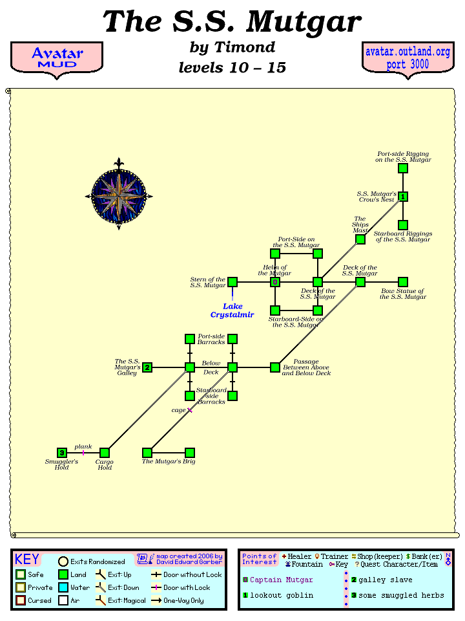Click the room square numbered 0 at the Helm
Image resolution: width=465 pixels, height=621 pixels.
275,282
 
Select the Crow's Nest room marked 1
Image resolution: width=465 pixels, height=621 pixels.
403,197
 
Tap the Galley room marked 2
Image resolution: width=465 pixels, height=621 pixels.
147,367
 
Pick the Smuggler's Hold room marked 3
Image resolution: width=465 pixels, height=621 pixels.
62,453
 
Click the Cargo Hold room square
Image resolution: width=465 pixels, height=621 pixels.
105,453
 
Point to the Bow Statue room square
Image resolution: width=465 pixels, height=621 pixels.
403,282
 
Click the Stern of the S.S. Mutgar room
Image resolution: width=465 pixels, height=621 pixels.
232,282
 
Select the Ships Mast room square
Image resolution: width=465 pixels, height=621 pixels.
360,239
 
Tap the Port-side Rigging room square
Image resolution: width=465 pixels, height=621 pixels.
403,168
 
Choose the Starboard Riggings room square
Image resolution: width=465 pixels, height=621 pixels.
403,225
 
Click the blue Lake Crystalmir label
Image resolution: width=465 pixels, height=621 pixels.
232,310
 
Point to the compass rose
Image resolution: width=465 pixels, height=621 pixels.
119,195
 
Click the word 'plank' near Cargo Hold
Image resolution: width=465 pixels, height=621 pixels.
83,446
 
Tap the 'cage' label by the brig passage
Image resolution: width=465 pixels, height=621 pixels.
178,410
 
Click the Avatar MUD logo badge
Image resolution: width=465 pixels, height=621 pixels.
57,58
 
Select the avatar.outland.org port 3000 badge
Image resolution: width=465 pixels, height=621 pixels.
408,58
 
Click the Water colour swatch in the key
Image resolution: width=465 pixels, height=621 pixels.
63,587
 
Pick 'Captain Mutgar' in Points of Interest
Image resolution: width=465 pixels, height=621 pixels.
281,580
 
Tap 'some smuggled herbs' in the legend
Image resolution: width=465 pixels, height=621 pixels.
401,595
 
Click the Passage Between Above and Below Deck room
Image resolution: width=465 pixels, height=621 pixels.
275,367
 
